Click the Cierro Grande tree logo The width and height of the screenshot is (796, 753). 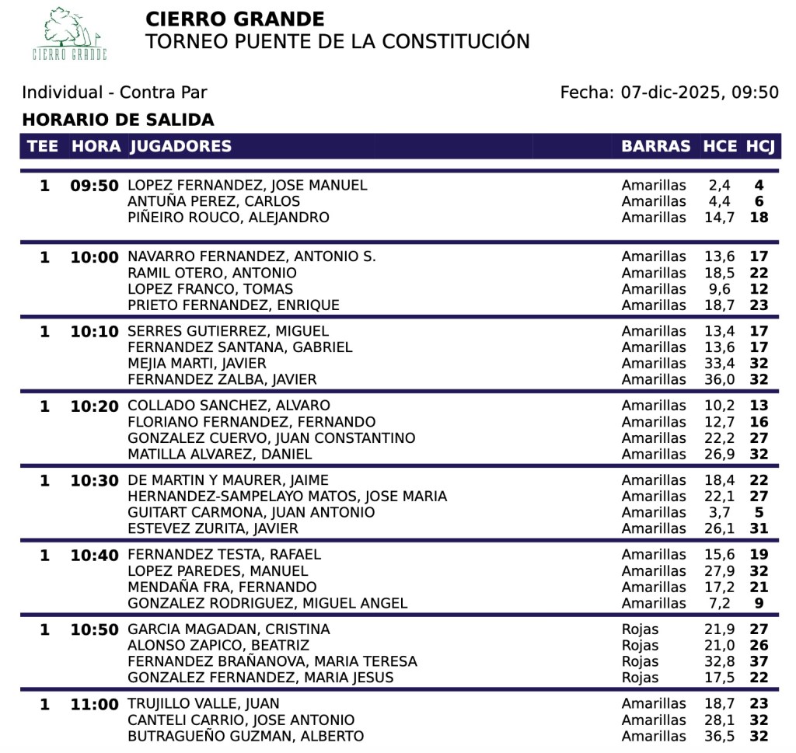pyautogui.click(x=69, y=34)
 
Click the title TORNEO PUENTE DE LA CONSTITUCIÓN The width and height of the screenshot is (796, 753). pyautogui.click(x=337, y=41)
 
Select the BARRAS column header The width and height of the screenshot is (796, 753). pyautogui.click(x=655, y=146)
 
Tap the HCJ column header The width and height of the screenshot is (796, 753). pyautogui.click(x=760, y=146)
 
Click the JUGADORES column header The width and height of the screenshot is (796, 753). pyautogui.click(x=180, y=146)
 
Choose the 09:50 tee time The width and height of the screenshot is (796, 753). pyautogui.click(x=94, y=186)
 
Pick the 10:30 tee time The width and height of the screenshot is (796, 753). pyautogui.click(x=94, y=480)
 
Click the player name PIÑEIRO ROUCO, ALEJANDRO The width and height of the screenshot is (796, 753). pyautogui.click(x=229, y=218)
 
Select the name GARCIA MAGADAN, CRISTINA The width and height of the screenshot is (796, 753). pyautogui.click(x=229, y=629)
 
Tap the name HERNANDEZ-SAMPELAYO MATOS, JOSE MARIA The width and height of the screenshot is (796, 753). pyautogui.click(x=287, y=497)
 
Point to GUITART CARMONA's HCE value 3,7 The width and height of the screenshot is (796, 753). pyautogui.click(x=719, y=513)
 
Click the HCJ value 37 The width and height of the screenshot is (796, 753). pyautogui.click(x=759, y=661)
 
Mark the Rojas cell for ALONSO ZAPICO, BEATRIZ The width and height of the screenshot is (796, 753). pyautogui.click(x=640, y=645)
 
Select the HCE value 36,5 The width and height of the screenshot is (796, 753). pyautogui.click(x=719, y=736)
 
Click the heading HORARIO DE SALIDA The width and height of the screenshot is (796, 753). pyautogui.click(x=117, y=120)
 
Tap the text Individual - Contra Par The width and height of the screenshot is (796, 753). pyautogui.click(x=114, y=92)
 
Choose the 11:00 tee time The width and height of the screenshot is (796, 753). pyautogui.click(x=94, y=704)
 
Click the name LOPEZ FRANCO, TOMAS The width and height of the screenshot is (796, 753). pyautogui.click(x=210, y=289)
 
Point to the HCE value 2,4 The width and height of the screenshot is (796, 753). pyautogui.click(x=719, y=186)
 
